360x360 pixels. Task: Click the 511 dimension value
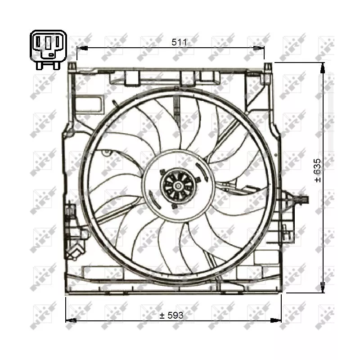pyautogui.click(x=179, y=42)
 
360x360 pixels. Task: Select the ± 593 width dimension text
pyautogui.click(x=171, y=315)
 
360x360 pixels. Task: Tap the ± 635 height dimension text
pyautogui.click(x=318, y=171)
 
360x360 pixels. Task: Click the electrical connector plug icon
pyautogui.click(x=49, y=49)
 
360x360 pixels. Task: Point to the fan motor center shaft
pyautogui.click(x=178, y=186)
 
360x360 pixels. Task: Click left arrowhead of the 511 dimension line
pyautogui.click(x=82, y=48)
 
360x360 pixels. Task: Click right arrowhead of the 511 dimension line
pyautogui.click(x=259, y=48)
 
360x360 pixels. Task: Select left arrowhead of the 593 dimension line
pyautogui.click(x=71, y=320)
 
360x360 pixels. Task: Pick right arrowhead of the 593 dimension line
pyautogui.click(x=276, y=320)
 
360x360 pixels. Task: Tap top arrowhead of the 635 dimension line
pyautogui.click(x=323, y=68)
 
